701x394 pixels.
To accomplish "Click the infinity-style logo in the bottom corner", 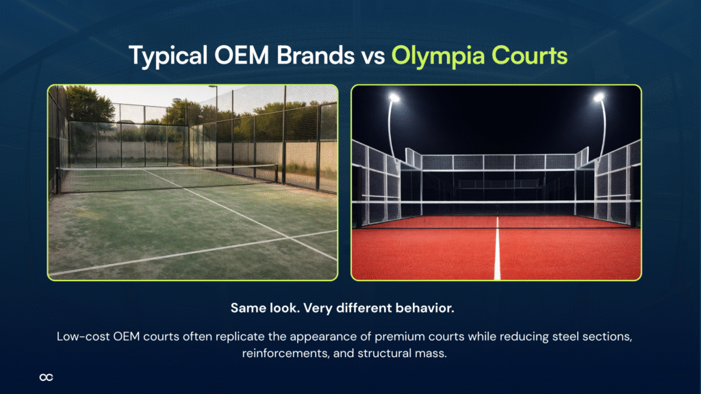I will pos(47,377).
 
